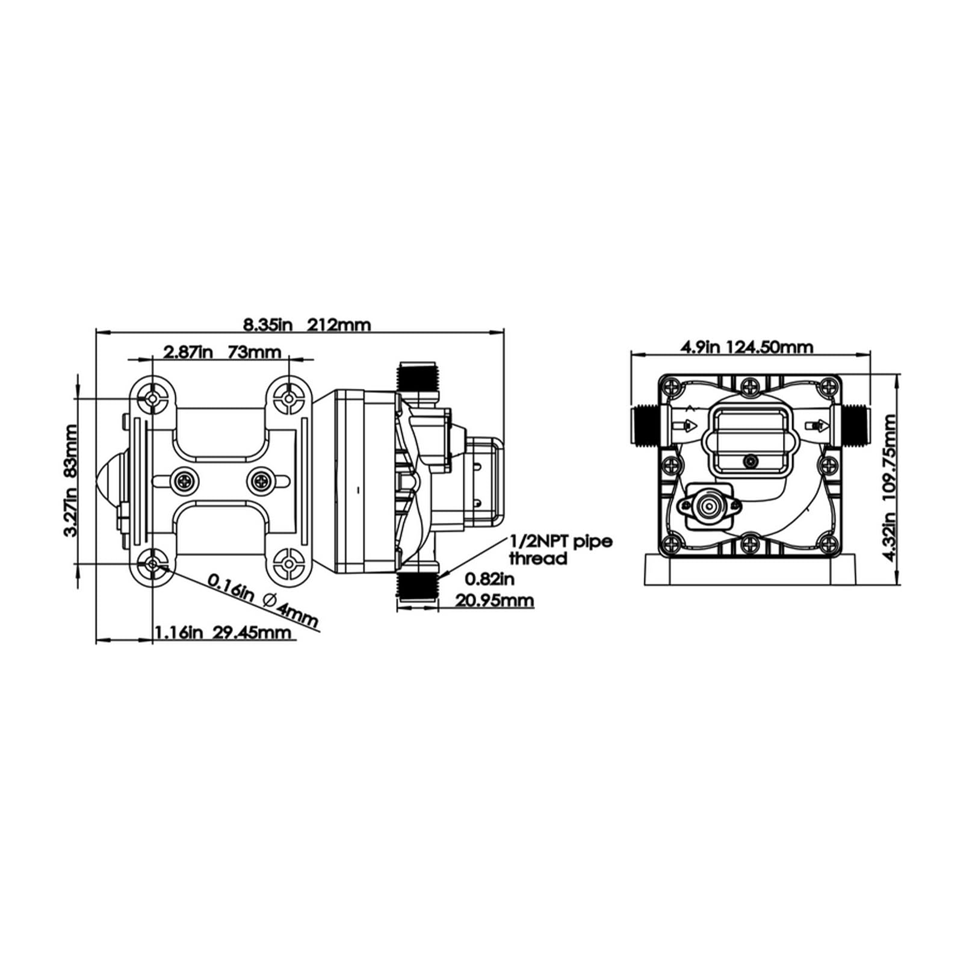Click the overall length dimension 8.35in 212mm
(x=307, y=324)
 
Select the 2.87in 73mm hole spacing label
(x=223, y=351)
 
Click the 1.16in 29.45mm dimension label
(x=223, y=633)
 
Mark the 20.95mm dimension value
(x=495, y=601)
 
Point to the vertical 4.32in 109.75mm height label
(x=889, y=478)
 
